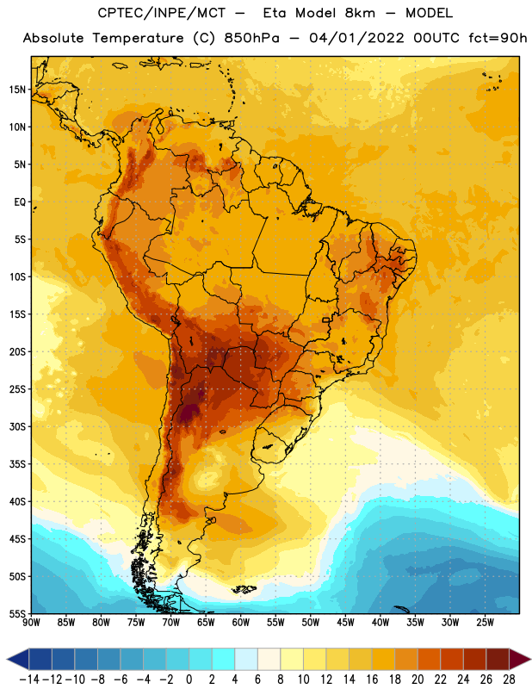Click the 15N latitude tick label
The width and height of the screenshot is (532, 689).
tap(17, 90)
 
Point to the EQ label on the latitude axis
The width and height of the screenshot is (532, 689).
tap(20, 202)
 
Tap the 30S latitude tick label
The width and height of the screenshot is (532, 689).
tap(17, 426)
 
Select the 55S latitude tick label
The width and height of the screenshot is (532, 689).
tap(17, 613)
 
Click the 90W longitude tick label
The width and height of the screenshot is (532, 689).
tap(32, 623)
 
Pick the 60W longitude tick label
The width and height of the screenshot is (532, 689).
tap(241, 623)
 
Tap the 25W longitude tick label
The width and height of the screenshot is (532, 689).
tap(485, 623)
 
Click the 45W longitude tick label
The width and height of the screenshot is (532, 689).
tap(345, 623)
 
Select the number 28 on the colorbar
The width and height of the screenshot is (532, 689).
tap(509, 680)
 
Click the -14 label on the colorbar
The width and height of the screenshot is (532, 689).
tap(29, 680)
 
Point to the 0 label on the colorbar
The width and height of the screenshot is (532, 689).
tap(189, 680)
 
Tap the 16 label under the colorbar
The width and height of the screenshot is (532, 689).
tap(372, 680)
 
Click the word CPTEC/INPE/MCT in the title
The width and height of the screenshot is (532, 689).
tap(162, 13)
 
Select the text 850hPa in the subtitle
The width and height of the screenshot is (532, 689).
tap(251, 38)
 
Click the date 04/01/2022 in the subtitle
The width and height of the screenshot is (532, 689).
tap(356, 38)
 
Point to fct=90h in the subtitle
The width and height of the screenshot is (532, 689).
tap(498, 38)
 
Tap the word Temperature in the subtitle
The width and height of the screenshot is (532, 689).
tap(138, 38)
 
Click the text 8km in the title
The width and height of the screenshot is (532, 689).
tap(360, 13)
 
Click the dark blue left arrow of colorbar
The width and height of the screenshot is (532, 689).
tap(18, 659)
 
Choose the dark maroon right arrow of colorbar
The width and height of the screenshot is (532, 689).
tap(521, 659)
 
